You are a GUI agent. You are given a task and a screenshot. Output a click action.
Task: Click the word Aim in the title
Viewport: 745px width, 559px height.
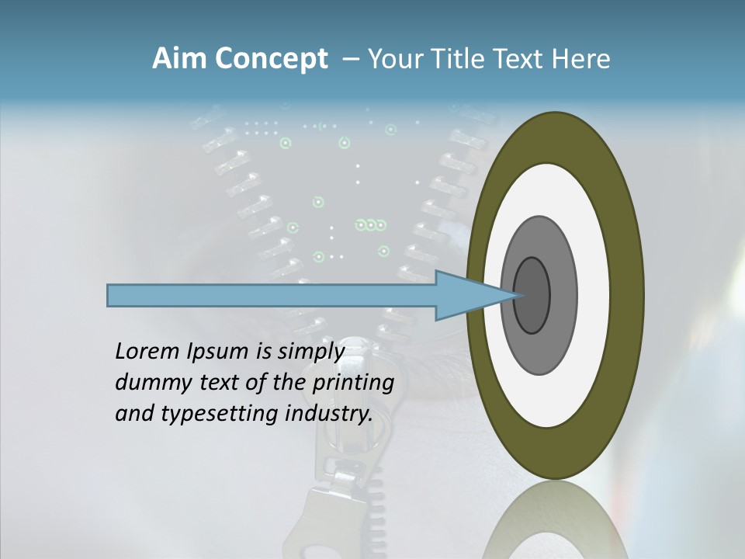click(180, 59)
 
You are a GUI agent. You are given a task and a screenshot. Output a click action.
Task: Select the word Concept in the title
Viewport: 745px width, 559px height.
click(272, 60)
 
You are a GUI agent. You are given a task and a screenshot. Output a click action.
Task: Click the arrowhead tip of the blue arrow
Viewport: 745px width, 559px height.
click(518, 295)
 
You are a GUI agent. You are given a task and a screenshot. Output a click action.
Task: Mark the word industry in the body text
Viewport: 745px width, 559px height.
click(327, 414)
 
